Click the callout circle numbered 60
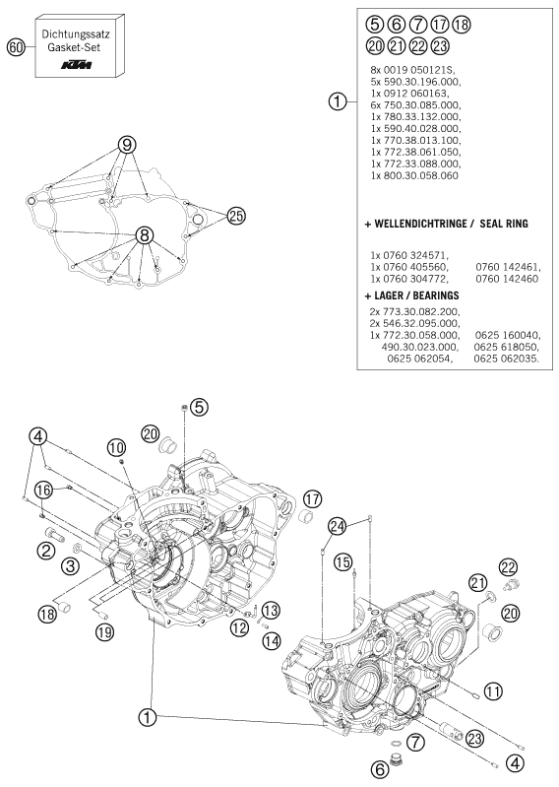pyautogui.click(x=16, y=47)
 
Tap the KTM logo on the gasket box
pyautogui.click(x=76, y=65)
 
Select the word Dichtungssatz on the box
pyautogui.click(x=76, y=34)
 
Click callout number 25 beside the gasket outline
pyautogui.click(x=236, y=217)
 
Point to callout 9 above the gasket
pyautogui.click(x=127, y=145)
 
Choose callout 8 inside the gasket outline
pyautogui.click(x=144, y=234)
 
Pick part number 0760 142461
pyautogui.click(x=508, y=267)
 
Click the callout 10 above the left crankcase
pyautogui.click(x=116, y=447)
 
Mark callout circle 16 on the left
pyautogui.click(x=43, y=490)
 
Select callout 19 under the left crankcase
pyautogui.click(x=105, y=631)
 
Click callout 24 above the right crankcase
pyautogui.click(x=338, y=527)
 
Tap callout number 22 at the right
pyautogui.click(x=508, y=567)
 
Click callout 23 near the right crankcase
pyautogui.click(x=474, y=738)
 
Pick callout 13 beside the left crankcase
pyautogui.click(x=271, y=611)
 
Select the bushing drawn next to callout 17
pyautogui.click(x=306, y=516)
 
